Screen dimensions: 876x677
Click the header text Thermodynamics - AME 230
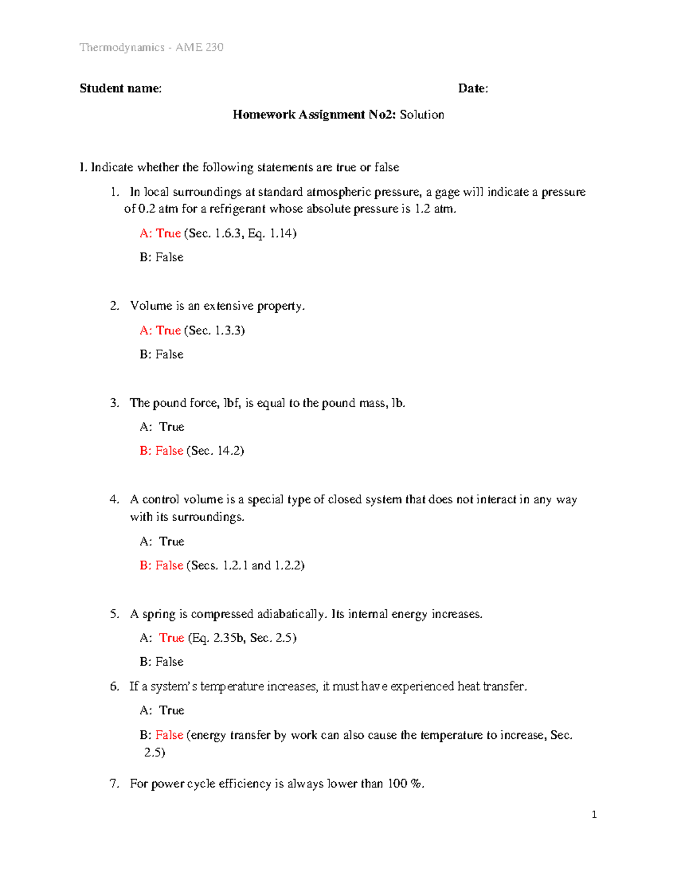click(x=151, y=47)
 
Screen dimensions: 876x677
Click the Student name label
click(x=120, y=89)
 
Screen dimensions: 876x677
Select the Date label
click(x=473, y=89)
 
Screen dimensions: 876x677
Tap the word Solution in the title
click(x=421, y=115)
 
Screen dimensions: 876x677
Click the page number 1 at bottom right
click(x=594, y=815)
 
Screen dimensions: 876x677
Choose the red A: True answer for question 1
click(x=160, y=234)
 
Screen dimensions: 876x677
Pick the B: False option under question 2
click(x=161, y=355)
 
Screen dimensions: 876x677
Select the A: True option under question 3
click(x=162, y=427)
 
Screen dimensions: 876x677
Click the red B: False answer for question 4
click(x=161, y=565)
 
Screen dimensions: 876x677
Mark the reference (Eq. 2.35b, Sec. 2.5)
click(x=243, y=638)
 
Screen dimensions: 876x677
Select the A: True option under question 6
click(x=162, y=711)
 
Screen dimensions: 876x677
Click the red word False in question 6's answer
click(x=169, y=735)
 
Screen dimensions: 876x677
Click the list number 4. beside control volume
click(x=115, y=500)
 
